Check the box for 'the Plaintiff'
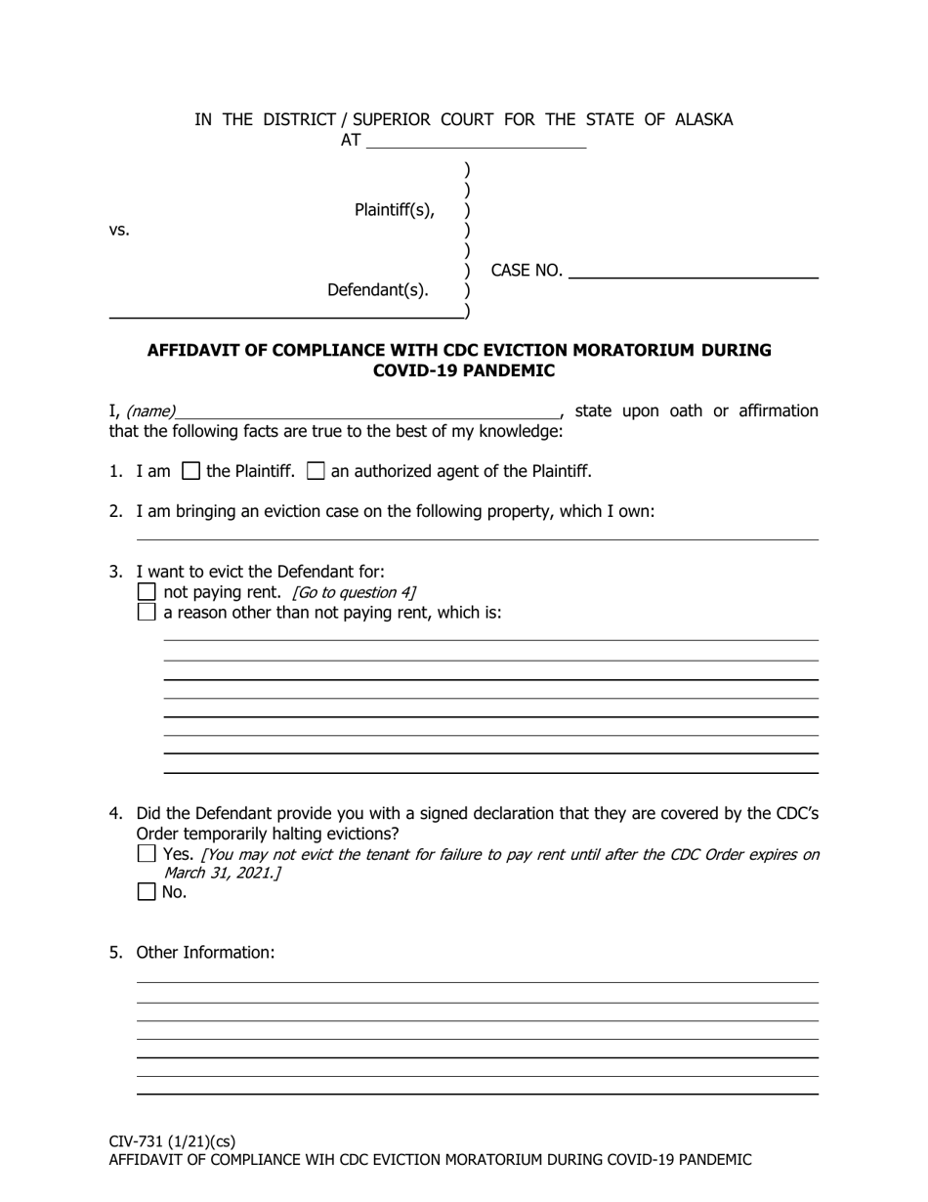point(192,471)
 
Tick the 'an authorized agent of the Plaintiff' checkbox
point(316,471)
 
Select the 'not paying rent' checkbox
point(147,592)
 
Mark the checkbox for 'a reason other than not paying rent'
point(147,613)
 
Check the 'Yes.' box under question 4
point(147,854)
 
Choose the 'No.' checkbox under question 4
point(147,892)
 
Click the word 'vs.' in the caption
point(119,231)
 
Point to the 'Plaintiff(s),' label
point(395,210)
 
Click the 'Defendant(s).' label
point(378,290)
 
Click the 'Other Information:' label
point(205,953)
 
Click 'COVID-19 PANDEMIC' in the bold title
point(464,371)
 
